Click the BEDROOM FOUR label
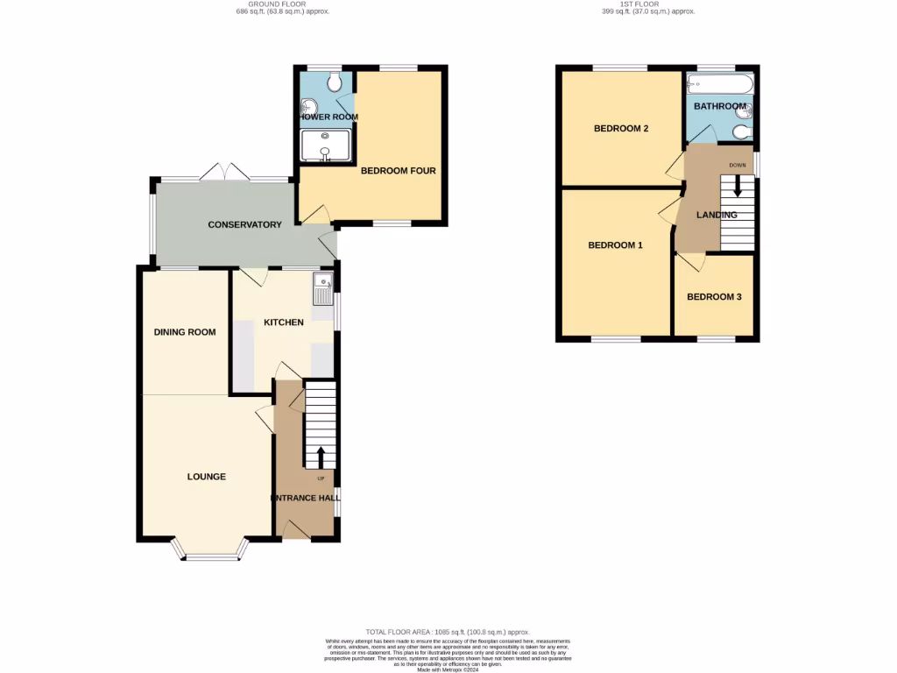click(x=399, y=171)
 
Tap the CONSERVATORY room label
click(x=244, y=225)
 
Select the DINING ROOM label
click(x=185, y=332)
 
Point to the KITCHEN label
click(x=284, y=322)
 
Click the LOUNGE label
click(x=207, y=477)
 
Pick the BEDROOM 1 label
click(x=615, y=245)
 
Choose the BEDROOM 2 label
click(x=621, y=129)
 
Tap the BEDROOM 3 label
click(x=714, y=297)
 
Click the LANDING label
click(x=717, y=215)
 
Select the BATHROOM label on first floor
click(x=720, y=107)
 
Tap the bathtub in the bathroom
click(x=717, y=85)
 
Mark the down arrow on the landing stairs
click(x=738, y=186)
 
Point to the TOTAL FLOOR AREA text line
click(x=448, y=632)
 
